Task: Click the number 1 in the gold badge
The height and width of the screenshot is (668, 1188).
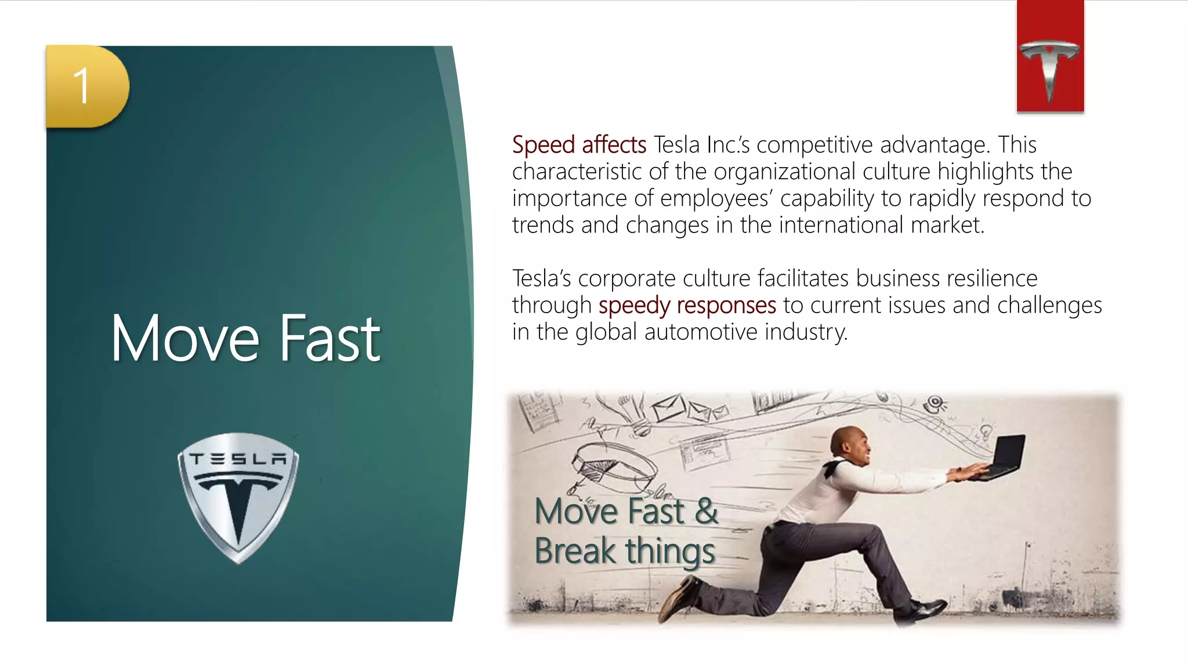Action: pyautogui.click(x=82, y=86)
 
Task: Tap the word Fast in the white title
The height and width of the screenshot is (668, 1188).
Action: pyautogui.click(x=329, y=339)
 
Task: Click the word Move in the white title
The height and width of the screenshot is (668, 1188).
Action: pyautogui.click(x=185, y=339)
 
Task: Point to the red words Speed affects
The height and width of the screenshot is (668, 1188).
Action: pyautogui.click(x=579, y=145)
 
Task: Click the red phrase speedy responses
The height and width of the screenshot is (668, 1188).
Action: pyautogui.click(x=687, y=306)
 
